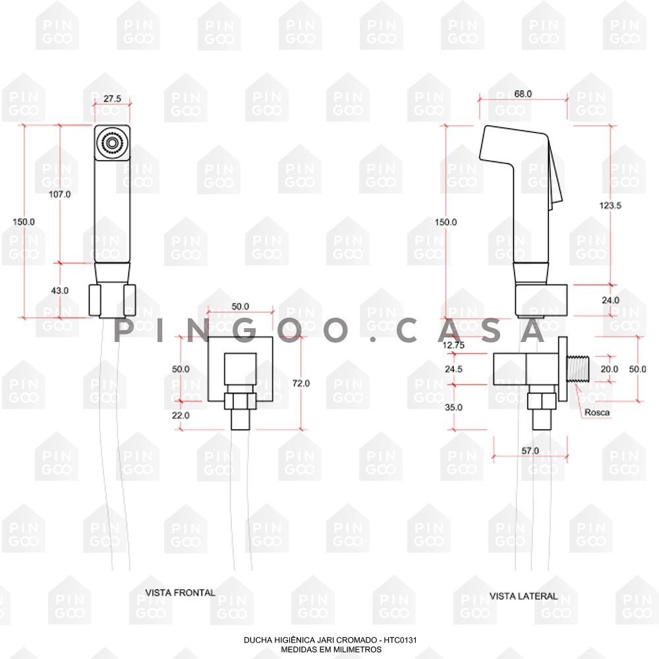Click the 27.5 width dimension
111,99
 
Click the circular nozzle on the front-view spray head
111,142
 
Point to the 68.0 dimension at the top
523,94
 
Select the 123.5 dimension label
610,205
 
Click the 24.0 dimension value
610,300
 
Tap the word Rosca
596,413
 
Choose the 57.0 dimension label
530,451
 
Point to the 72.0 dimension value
301,383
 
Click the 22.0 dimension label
181,415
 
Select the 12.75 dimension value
453,344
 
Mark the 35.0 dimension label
453,407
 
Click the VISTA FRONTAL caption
180,592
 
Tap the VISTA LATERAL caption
523,596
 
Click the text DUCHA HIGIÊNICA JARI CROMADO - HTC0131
331,640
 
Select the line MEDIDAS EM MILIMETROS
331,648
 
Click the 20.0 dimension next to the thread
609,369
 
